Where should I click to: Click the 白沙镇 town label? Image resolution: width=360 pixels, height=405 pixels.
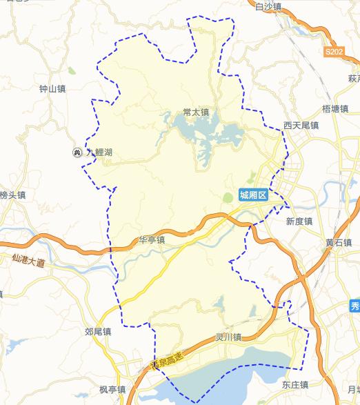coord(268,7)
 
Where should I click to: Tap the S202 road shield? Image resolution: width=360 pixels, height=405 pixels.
coord(334,52)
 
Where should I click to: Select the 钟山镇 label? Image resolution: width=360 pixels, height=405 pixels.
coord(52,88)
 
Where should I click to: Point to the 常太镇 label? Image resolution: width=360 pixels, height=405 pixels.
coord(196,112)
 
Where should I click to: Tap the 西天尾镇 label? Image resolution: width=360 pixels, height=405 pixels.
coord(301,126)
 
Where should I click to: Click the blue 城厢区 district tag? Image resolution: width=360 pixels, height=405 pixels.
coord(253,195)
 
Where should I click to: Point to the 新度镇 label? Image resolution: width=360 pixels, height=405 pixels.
coord(299,221)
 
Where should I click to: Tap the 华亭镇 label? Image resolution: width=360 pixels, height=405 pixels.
coord(152,240)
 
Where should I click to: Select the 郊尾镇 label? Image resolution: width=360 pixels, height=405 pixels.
coord(99,332)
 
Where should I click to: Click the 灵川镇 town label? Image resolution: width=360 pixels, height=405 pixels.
coord(228,337)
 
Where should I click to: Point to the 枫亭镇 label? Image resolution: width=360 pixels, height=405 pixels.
coord(112,390)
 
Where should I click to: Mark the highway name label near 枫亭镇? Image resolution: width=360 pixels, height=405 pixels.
coord(169,360)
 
